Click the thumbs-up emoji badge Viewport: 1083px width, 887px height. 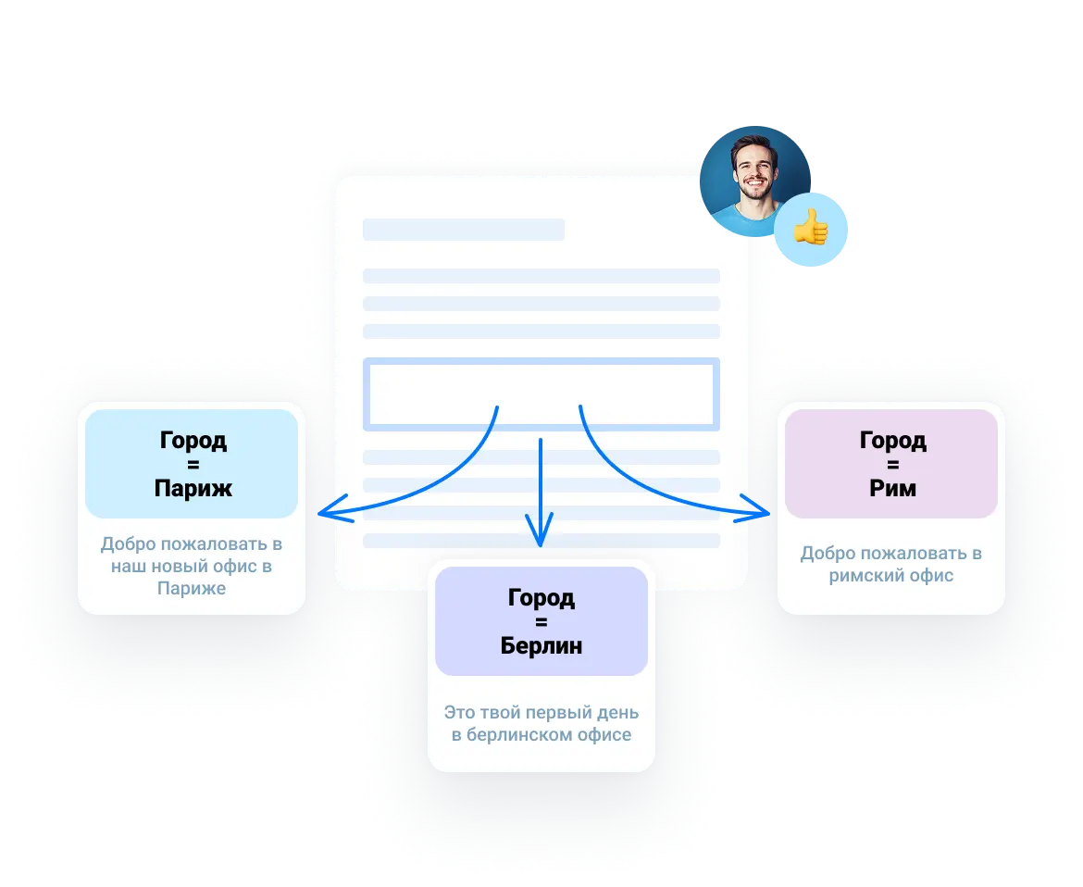pos(812,228)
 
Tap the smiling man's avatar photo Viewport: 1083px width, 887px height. pos(754,178)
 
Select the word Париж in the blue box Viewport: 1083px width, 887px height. pos(193,488)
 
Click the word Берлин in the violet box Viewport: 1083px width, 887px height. pos(541,645)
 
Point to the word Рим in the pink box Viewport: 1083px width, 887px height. pos(892,488)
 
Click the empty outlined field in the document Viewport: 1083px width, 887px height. pos(541,394)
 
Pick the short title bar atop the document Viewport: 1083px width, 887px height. pos(463,230)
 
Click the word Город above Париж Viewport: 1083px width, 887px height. pos(193,441)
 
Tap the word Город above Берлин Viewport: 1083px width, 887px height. pos(541,598)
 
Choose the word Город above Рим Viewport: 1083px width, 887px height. pos(892,441)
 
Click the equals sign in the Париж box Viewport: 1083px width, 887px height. pos(193,465)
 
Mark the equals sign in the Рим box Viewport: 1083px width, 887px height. pos(892,465)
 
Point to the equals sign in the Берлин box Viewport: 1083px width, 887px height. pos(541,622)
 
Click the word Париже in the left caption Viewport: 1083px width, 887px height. pos(191,589)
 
